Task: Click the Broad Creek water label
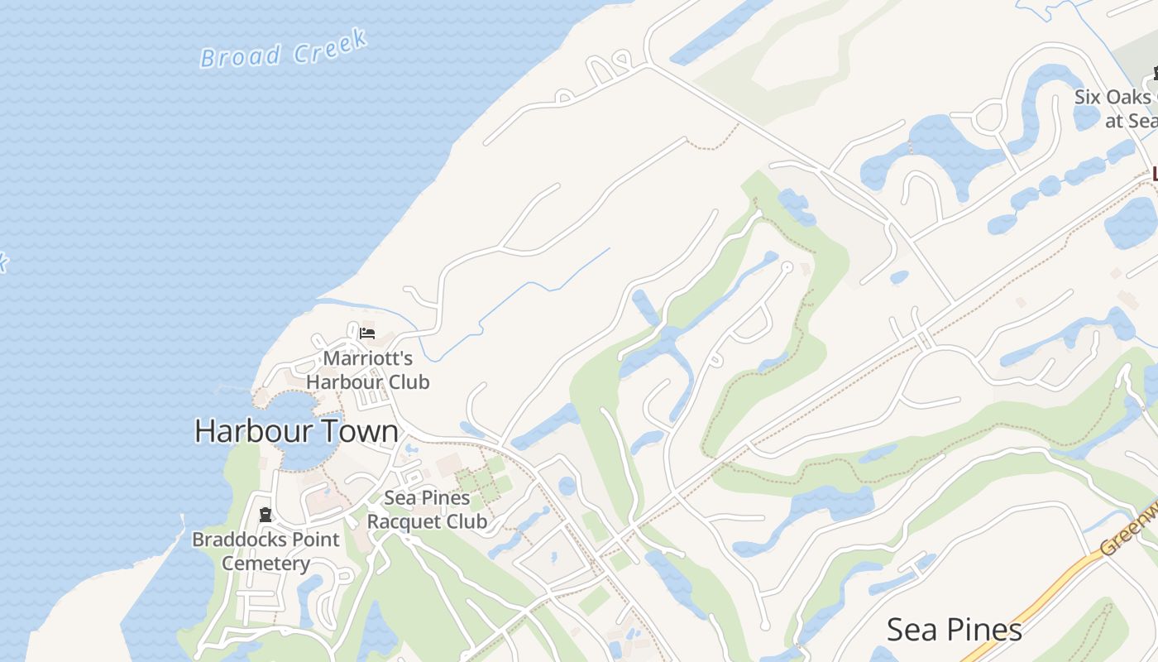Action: pos(284,49)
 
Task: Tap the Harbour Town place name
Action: pos(296,431)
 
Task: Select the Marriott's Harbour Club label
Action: pos(368,370)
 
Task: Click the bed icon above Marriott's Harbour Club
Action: pos(367,333)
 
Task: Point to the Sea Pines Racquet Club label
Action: pos(427,509)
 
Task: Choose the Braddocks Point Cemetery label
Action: pos(266,551)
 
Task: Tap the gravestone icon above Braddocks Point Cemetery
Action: pos(266,515)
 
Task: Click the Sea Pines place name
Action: pos(954,630)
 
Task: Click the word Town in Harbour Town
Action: pos(358,431)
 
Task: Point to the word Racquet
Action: pos(404,521)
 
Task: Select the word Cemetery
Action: pos(266,564)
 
